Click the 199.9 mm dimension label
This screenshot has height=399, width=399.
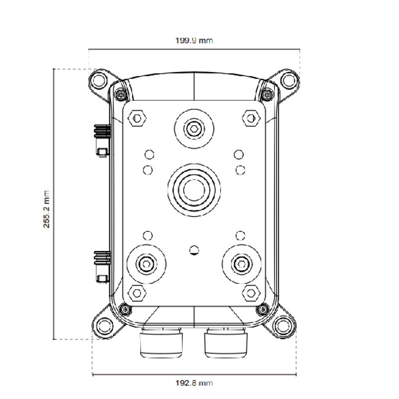(x=194, y=40)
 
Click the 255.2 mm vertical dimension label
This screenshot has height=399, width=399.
(x=47, y=208)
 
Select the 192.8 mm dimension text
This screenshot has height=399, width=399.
(x=194, y=383)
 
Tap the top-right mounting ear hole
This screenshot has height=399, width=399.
(x=288, y=79)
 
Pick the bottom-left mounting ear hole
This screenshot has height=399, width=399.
(x=105, y=324)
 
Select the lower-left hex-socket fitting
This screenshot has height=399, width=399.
(x=146, y=264)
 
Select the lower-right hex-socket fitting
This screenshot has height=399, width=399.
(x=241, y=264)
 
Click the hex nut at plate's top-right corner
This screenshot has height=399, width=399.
(x=250, y=118)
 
